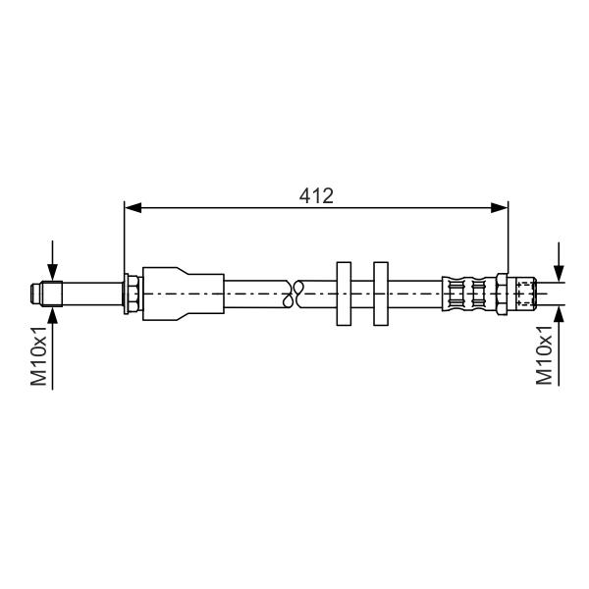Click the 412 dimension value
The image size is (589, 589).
tap(316, 195)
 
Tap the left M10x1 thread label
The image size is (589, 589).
tap(38, 355)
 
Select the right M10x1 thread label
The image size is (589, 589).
tap(544, 355)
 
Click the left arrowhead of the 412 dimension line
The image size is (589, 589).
tap(133, 207)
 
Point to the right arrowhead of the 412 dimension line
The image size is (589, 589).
tap(500, 207)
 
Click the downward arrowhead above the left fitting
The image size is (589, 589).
tap(53, 272)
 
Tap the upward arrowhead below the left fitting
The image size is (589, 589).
tap(53, 315)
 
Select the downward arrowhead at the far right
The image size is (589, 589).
tap(559, 273)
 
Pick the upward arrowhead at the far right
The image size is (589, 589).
tap(559, 314)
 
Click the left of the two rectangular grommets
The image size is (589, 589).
tap(344, 294)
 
